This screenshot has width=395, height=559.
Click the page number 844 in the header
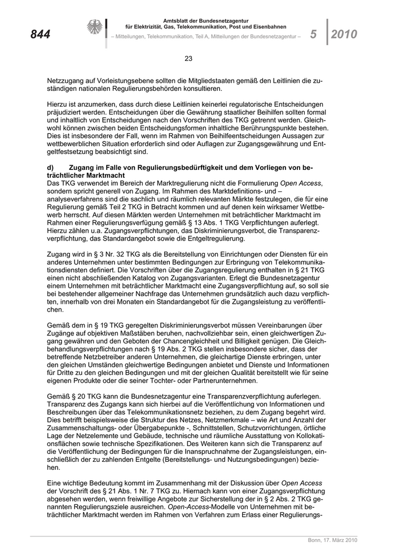coord(40,35)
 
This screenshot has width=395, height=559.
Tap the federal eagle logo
coord(94,28)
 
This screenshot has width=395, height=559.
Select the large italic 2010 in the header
coord(344,35)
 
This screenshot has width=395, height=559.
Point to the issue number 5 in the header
coord(313,34)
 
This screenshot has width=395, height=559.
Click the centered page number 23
coord(188,58)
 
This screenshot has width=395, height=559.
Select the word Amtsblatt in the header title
coord(177,21)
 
